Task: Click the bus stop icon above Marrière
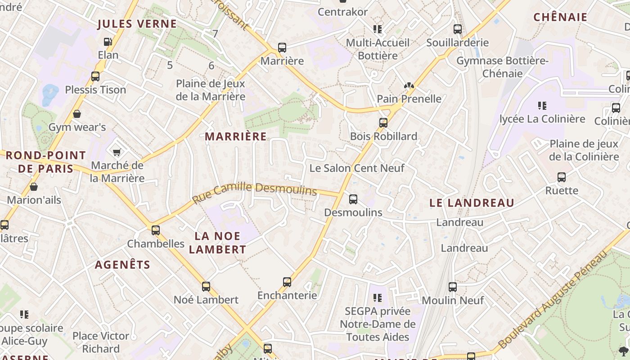pyautogui.click(x=282, y=48)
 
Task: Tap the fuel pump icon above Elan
pyautogui.click(x=108, y=42)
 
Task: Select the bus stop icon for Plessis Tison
pyautogui.click(x=95, y=76)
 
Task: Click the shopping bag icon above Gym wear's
pyautogui.click(x=77, y=114)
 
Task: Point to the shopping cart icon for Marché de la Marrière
pyautogui.click(x=117, y=152)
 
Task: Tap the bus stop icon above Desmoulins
pyautogui.click(x=353, y=199)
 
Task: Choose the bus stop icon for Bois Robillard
pyautogui.click(x=383, y=123)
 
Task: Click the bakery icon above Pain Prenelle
pyautogui.click(x=409, y=85)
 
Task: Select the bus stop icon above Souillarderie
pyautogui.click(x=458, y=29)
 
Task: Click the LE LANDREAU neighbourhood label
pyautogui.click(x=472, y=203)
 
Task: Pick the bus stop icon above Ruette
pyautogui.click(x=562, y=177)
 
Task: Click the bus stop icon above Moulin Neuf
pyautogui.click(x=453, y=287)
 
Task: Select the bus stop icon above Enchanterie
pyautogui.click(x=287, y=282)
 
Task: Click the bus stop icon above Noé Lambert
pyautogui.click(x=206, y=286)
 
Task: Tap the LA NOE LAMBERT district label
pyautogui.click(x=218, y=243)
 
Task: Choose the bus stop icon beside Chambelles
pyautogui.click(x=156, y=230)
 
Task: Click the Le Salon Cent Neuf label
pyautogui.click(x=357, y=168)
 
